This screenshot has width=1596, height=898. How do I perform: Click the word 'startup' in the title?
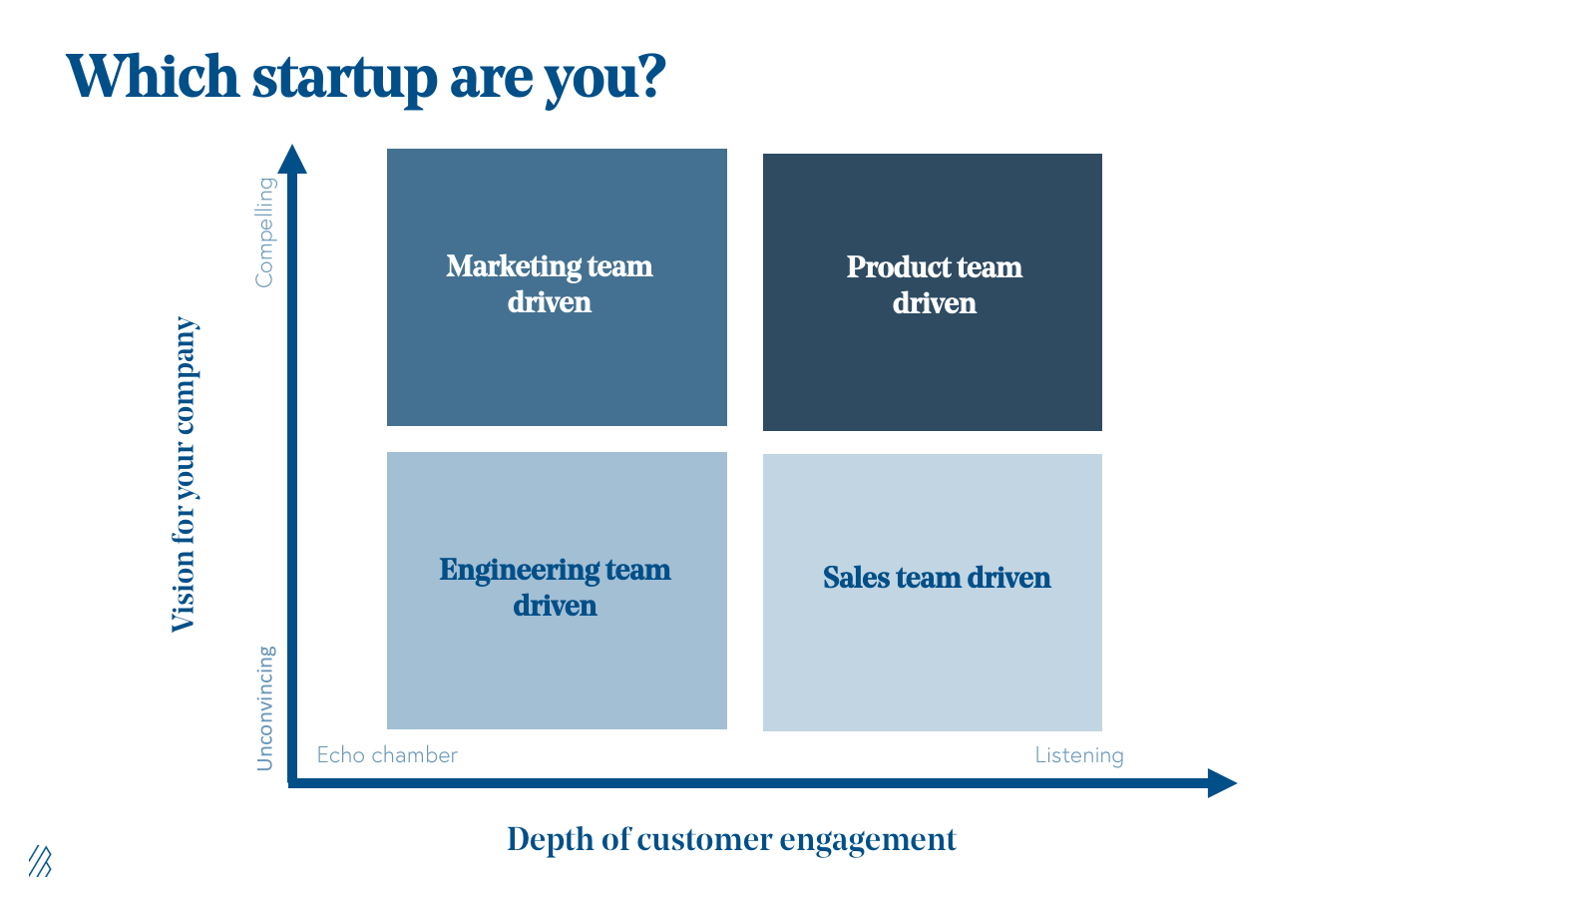343,77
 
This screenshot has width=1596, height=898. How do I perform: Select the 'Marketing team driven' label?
550,284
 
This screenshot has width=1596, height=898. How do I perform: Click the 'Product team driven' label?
934,285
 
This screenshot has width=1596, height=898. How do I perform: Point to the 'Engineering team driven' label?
555,588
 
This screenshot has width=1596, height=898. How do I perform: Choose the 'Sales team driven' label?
937,578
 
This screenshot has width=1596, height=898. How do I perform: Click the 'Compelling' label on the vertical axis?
264,232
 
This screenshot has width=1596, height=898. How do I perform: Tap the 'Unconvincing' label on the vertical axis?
264,708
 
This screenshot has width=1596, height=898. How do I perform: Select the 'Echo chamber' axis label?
387,755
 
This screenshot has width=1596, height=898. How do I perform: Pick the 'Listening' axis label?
1079,755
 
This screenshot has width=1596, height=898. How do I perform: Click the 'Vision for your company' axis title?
185,474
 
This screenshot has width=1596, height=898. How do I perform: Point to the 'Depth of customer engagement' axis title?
731,839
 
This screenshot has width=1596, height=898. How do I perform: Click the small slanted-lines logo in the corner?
40,861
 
